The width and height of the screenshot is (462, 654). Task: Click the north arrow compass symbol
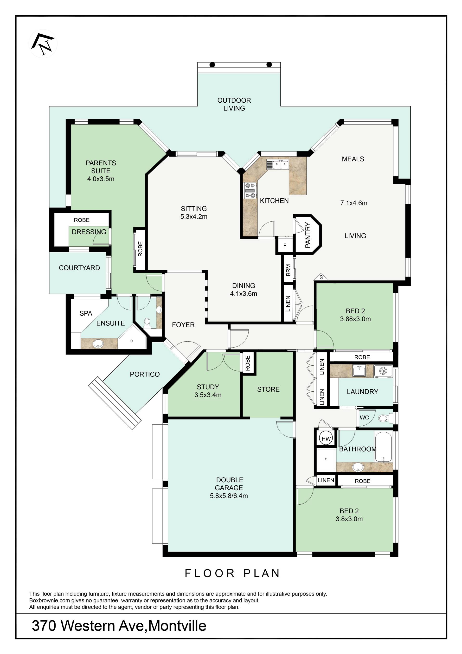coord(43,44)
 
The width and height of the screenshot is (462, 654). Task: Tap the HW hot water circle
coord(326,439)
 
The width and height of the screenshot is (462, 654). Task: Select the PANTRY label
coord(308,235)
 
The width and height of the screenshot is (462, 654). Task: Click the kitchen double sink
coord(277,165)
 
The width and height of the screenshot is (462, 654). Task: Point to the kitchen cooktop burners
coord(250,191)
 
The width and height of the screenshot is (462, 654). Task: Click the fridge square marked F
coord(285,245)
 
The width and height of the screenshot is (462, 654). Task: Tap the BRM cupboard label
coord(288,270)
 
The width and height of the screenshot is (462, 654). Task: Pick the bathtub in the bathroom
coord(384,447)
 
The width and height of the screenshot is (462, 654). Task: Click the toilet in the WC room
coord(385,418)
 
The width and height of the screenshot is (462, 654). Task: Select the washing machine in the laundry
coord(383,371)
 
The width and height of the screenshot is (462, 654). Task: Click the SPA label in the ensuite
coord(86,313)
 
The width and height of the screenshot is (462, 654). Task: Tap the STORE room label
coord(268,389)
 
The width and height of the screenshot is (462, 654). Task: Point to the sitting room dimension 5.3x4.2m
coord(194,217)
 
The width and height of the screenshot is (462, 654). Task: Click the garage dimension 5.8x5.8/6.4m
coord(229,496)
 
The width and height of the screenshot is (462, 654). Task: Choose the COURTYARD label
coord(79,268)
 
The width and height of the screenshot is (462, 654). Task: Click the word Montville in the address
coord(177,626)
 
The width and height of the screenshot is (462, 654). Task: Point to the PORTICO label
coord(145,374)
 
